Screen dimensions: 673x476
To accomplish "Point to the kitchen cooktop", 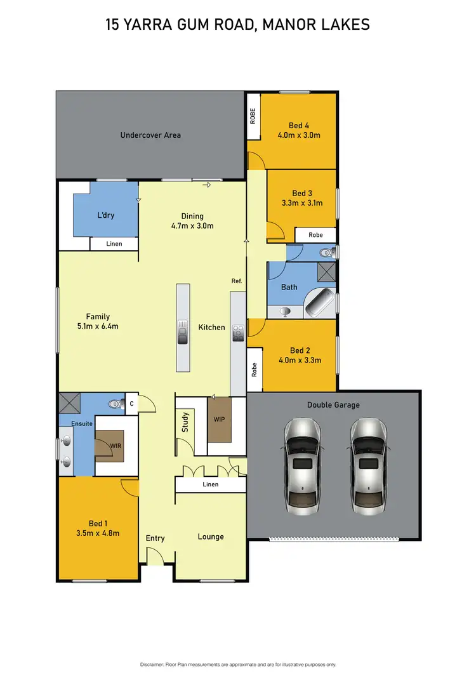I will [x=239, y=332].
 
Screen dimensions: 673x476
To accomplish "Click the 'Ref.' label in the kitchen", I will [x=237, y=281].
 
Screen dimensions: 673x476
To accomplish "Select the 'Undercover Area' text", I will [x=150, y=135].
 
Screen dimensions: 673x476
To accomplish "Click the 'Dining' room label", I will [x=192, y=215].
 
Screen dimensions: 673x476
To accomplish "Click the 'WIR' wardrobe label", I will [x=115, y=446].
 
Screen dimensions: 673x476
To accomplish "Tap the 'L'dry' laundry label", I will [x=106, y=215].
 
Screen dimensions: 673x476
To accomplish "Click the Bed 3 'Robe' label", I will [x=315, y=235].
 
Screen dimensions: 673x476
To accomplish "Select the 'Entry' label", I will [x=155, y=538].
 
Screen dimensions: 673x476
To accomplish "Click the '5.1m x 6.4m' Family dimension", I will [x=98, y=326].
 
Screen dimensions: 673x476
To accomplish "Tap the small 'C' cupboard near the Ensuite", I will [x=131, y=403].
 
